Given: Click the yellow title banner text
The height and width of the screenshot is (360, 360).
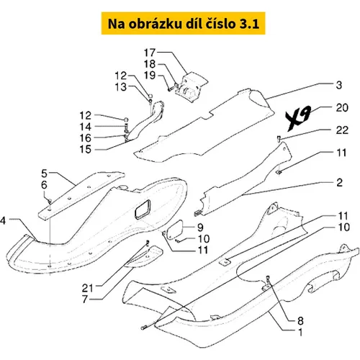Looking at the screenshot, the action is click(184, 24).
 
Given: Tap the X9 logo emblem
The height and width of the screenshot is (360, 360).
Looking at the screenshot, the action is click(298, 118).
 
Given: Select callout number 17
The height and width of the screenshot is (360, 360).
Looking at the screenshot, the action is click(150, 53).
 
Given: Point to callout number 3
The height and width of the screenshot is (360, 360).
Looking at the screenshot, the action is click(339, 85).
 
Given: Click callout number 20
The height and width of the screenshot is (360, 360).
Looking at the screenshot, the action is click(342, 108).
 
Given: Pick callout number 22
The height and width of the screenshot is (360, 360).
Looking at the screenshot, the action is click(342, 130).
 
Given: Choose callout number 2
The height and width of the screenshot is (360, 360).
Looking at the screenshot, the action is click(339, 183).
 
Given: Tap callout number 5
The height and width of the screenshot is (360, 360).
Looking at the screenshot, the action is click(45, 174).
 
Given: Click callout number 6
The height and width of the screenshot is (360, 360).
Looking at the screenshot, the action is click(44, 185).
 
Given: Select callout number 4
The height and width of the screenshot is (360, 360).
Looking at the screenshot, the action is click(3, 220).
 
